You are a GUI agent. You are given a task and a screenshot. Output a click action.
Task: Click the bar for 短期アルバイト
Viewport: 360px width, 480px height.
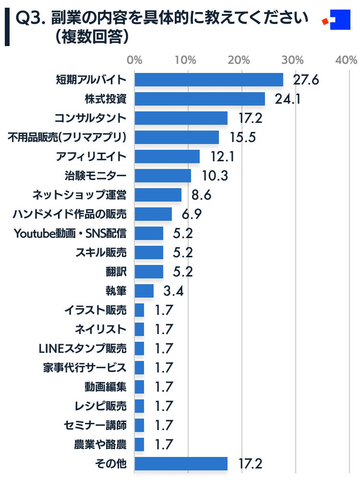[x=209, y=80]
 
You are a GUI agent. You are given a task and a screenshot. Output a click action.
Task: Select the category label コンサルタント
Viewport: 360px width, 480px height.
[x=91, y=118]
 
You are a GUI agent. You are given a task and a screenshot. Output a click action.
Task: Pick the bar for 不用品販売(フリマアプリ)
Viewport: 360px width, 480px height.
[x=177, y=137]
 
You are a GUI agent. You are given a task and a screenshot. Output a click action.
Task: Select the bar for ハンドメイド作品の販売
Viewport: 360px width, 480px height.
[x=153, y=214]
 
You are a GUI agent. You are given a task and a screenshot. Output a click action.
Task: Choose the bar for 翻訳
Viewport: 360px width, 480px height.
[x=149, y=272]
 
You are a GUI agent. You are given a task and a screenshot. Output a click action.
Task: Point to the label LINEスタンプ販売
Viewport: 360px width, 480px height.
[x=83, y=348]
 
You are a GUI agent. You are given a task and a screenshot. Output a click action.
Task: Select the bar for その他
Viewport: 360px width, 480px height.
[x=181, y=464]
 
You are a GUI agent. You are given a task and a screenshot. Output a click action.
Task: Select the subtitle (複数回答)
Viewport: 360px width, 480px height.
[x=91, y=37]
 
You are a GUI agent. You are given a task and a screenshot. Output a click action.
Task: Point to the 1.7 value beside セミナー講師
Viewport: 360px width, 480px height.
[x=164, y=425]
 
